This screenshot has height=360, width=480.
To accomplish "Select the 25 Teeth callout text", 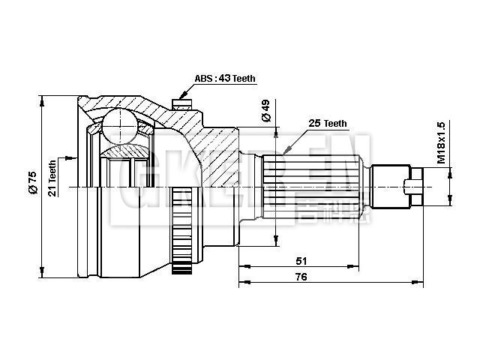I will (327, 123).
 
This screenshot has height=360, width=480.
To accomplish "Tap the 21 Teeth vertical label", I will (52, 178).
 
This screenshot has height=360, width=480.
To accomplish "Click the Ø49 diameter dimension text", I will (265, 111).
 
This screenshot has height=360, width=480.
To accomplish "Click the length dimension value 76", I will (301, 277).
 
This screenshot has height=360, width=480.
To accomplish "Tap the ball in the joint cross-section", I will (117, 125).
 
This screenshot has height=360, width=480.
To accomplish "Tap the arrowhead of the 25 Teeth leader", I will (284, 153).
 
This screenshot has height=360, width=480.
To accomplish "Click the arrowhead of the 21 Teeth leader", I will (74, 158).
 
